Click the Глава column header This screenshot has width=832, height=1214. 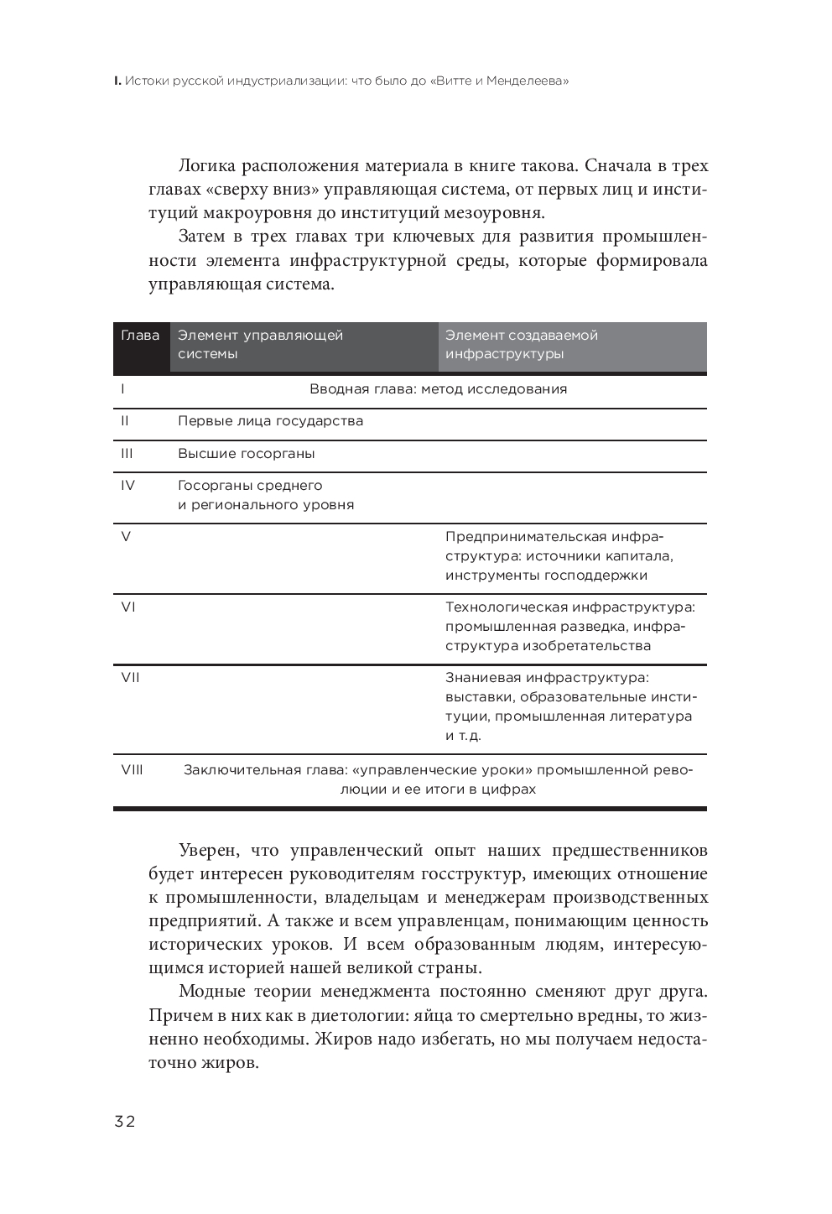(140, 336)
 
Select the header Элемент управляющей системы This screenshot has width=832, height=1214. (260, 345)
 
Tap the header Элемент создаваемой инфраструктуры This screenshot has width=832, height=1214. (521, 345)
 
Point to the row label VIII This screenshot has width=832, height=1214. (132, 769)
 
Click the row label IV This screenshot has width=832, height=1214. (127, 485)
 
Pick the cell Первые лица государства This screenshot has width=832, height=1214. (270, 421)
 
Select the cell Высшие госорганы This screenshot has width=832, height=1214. (246, 454)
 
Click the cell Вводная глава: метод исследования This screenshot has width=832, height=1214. (438, 389)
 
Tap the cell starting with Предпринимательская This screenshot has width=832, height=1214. (559, 556)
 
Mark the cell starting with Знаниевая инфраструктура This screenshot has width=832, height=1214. (570, 706)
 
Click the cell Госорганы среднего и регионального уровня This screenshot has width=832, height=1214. (265, 495)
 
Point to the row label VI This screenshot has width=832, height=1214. (127, 607)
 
